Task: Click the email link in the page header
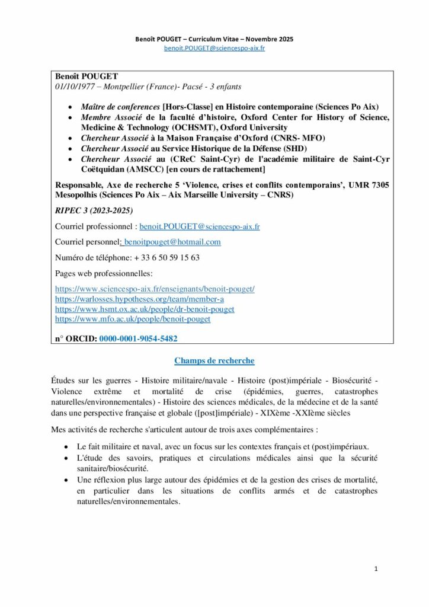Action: (x=214, y=48)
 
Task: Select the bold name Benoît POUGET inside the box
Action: (x=87, y=76)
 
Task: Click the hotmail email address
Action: (x=172, y=242)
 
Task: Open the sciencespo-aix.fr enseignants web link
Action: (x=155, y=289)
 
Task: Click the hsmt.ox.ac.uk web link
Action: (x=145, y=309)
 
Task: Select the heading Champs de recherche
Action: (x=214, y=360)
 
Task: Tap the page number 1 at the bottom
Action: (x=376, y=568)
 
